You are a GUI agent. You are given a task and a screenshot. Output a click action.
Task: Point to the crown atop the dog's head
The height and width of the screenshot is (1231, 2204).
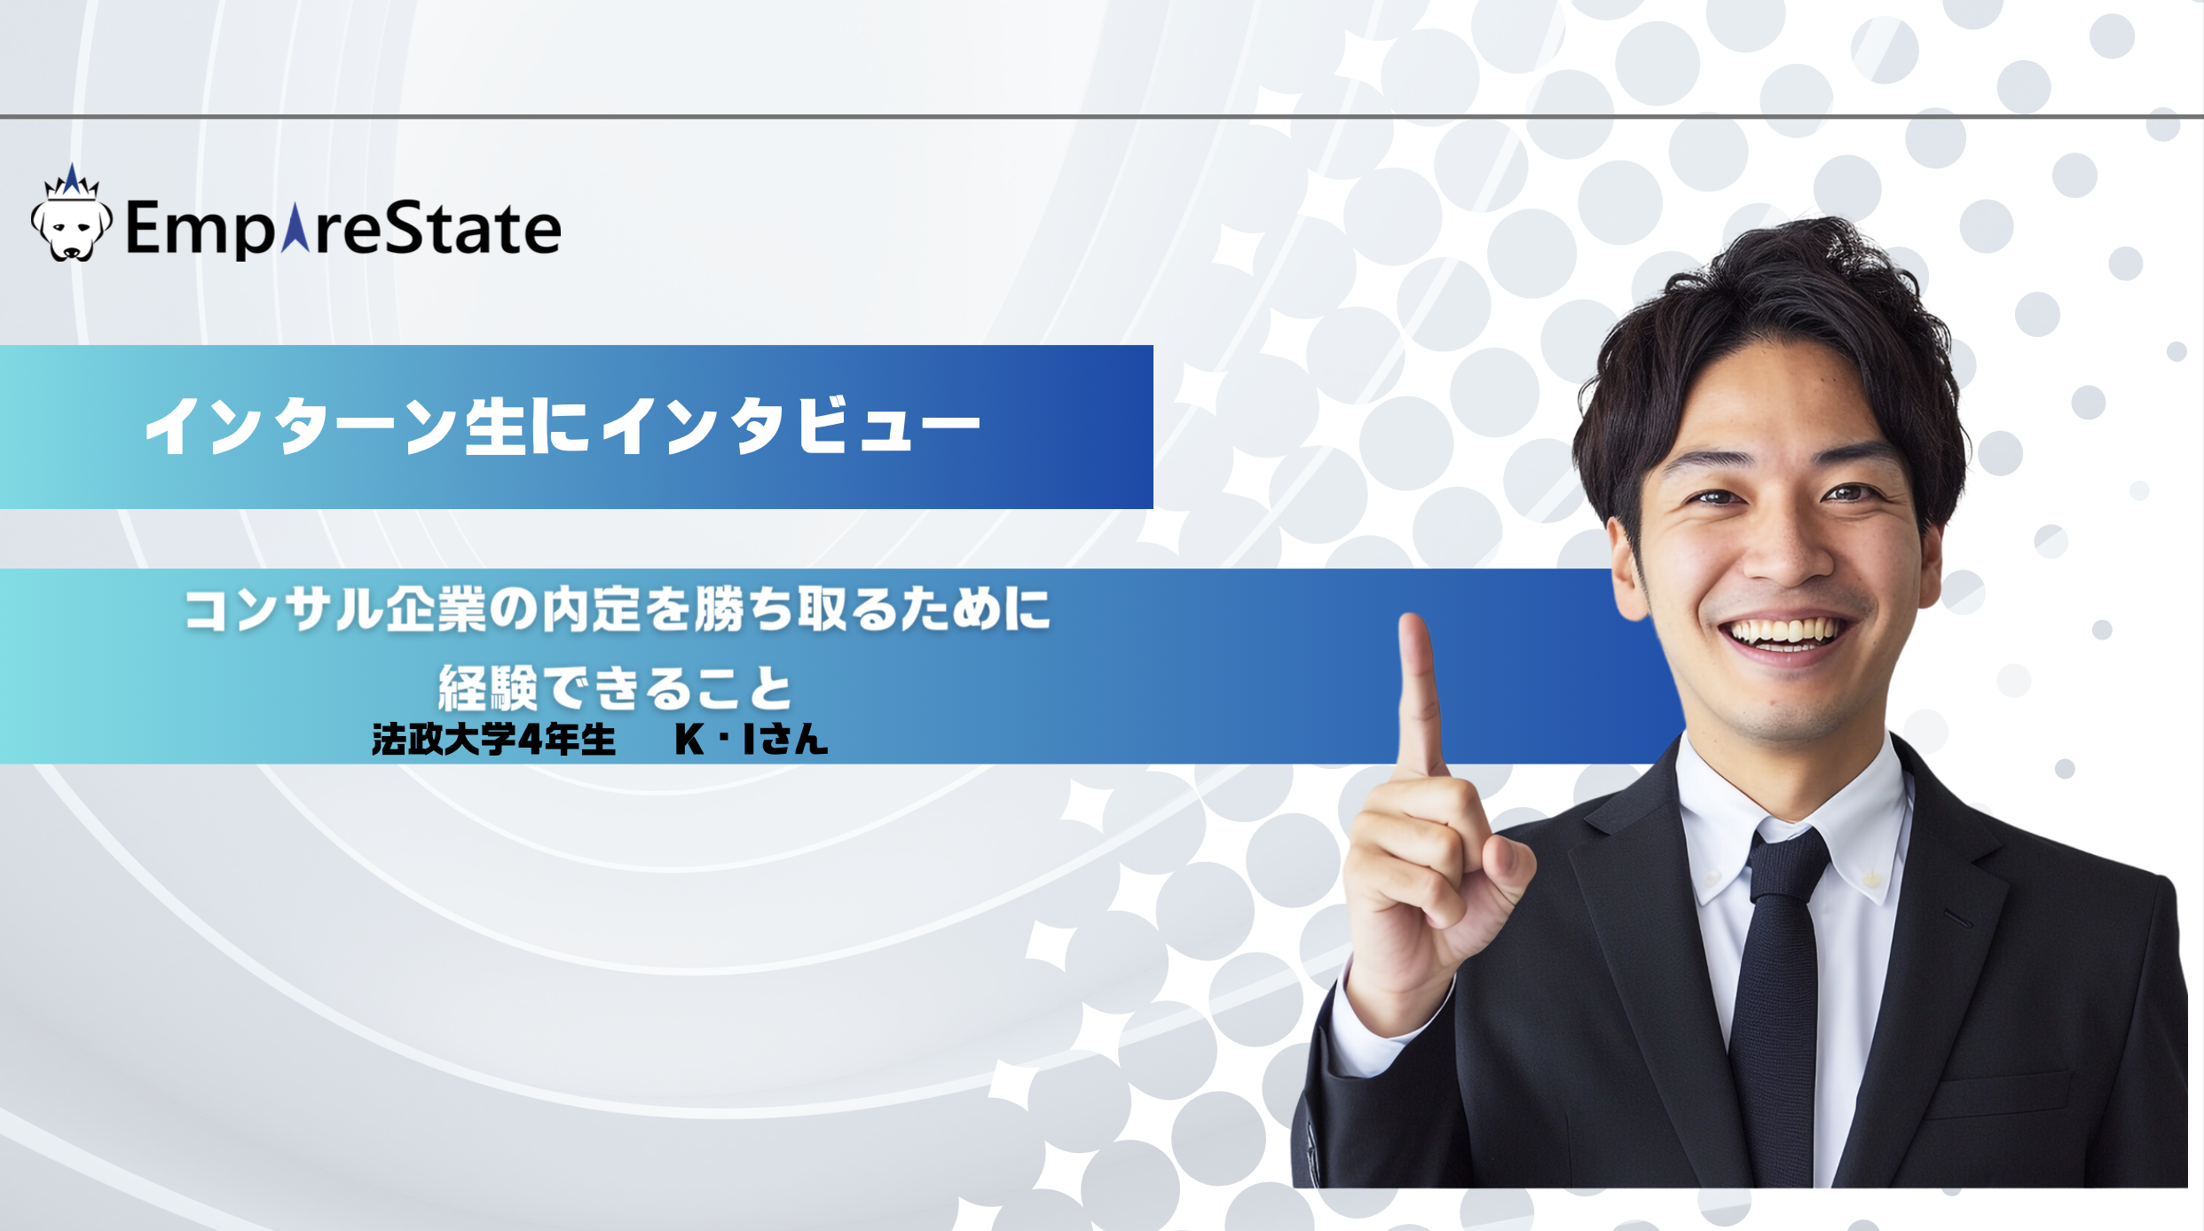[72, 181]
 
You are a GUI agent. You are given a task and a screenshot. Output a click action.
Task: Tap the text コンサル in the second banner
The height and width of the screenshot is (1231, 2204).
[284, 610]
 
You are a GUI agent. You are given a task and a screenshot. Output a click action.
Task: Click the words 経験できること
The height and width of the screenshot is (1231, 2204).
[615, 687]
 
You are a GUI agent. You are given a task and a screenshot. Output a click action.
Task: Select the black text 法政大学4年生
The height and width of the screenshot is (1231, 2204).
[493, 739]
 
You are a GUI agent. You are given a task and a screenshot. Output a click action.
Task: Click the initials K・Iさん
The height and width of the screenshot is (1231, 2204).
[751, 739]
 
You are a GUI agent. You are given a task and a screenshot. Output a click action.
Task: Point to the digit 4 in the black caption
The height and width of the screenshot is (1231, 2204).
[531, 739]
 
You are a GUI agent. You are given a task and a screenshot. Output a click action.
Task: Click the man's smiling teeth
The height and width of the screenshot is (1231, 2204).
[1783, 632]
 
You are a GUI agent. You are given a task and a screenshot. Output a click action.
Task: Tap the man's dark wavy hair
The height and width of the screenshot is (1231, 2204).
[1775, 302]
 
